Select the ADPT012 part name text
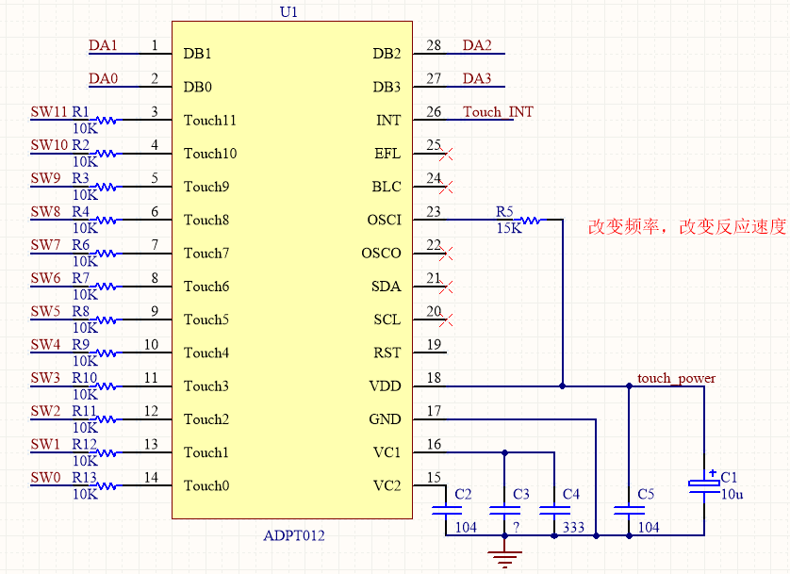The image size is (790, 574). pos(294,535)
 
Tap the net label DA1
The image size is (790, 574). pos(103,45)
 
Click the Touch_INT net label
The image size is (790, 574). pos(498,112)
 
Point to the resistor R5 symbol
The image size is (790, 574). pos(530,220)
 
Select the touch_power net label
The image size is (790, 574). pos(676,378)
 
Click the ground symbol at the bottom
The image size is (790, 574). pos(506,558)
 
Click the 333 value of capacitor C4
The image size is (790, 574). pos(572,528)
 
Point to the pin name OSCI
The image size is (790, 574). pos(384,220)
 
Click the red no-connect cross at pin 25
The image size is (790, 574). pos(448,153)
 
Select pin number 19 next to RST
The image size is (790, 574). pos(434,345)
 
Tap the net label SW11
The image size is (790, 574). pos(49,112)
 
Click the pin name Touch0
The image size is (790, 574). pos(206,485)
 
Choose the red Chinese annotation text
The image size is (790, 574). pos(686,227)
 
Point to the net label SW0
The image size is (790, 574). pos(45,478)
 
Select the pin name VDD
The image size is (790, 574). pos(385,386)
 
